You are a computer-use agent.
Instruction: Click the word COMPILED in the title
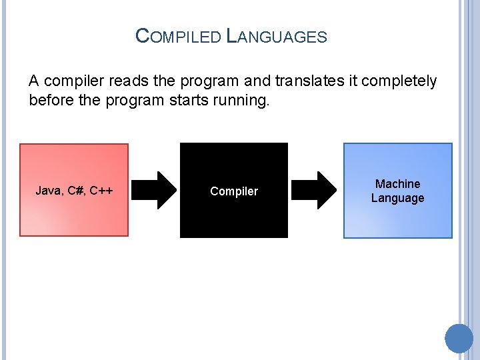click(x=178, y=36)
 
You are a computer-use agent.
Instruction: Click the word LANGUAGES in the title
click(x=277, y=36)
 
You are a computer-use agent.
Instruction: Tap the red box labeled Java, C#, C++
click(x=74, y=213)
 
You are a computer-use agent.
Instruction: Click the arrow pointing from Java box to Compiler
click(x=155, y=191)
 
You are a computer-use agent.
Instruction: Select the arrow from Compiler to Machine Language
click(x=316, y=191)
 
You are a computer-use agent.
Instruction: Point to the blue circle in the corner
click(x=459, y=338)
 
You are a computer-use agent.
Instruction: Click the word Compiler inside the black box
click(x=234, y=191)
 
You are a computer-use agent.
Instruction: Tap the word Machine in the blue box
click(x=397, y=184)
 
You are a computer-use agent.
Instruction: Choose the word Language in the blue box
click(x=397, y=198)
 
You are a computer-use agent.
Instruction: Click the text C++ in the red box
click(x=101, y=191)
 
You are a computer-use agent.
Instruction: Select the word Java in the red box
click(x=49, y=191)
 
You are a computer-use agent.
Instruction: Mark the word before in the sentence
click(x=51, y=101)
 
